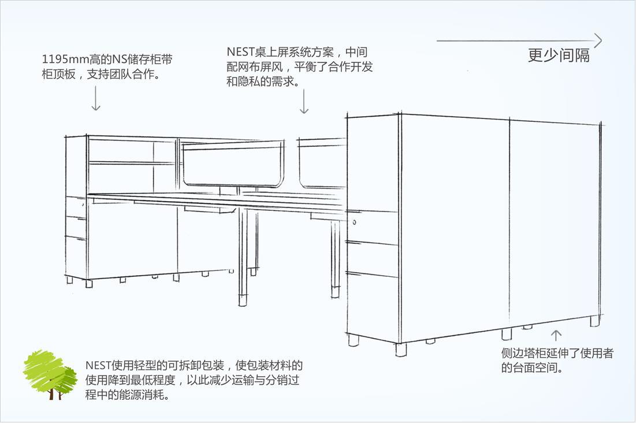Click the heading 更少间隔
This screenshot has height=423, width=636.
pos(559,55)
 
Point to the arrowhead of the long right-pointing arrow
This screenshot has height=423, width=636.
pos(598,40)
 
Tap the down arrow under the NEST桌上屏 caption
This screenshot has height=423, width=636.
pos(304,101)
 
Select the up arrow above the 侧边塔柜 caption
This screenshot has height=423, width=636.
pos(556,335)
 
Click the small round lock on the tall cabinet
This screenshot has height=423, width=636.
pos(354,222)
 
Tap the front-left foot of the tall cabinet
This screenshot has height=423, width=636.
pos(353,340)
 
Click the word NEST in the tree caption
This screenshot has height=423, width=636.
pos(98,365)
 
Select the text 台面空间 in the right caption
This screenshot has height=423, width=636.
pos(536,368)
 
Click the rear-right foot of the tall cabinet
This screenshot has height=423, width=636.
pos(594,321)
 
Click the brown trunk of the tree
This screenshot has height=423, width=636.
pos(51,394)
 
